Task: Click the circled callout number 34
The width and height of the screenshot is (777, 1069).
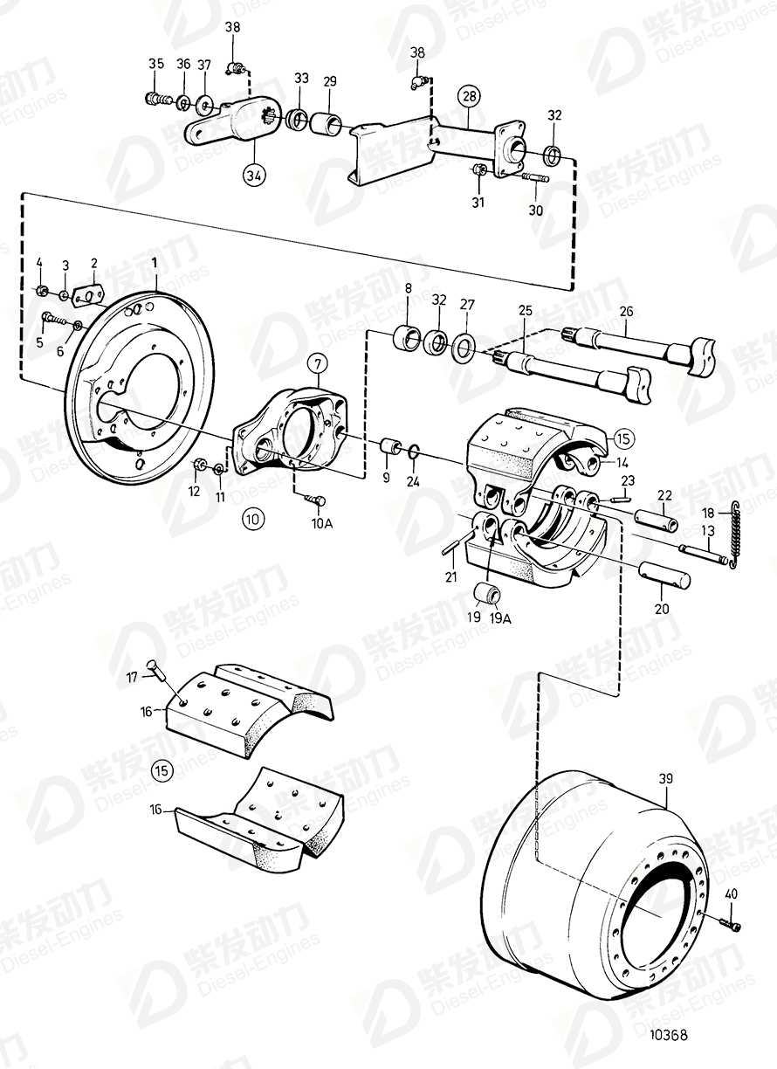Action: [x=253, y=174]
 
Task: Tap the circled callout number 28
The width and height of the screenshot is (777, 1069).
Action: [x=469, y=95]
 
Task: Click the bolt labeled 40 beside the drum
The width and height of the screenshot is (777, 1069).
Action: [x=731, y=922]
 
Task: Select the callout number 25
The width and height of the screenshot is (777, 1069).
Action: [x=525, y=310]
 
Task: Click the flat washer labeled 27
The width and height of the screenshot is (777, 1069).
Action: [x=464, y=348]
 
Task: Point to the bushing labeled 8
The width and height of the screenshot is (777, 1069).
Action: [x=406, y=337]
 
